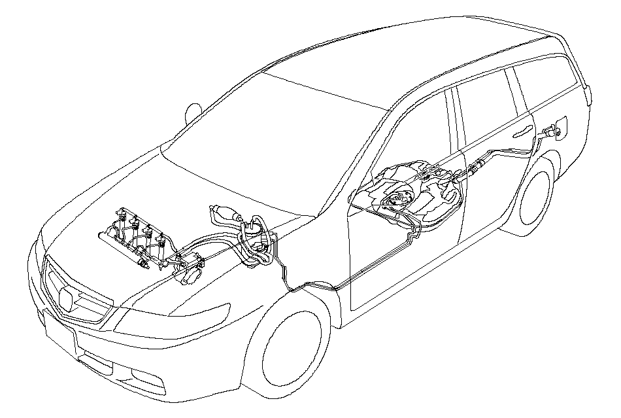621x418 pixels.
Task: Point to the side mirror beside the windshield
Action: click(x=192, y=112)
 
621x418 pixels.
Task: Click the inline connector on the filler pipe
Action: click(x=476, y=169)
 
